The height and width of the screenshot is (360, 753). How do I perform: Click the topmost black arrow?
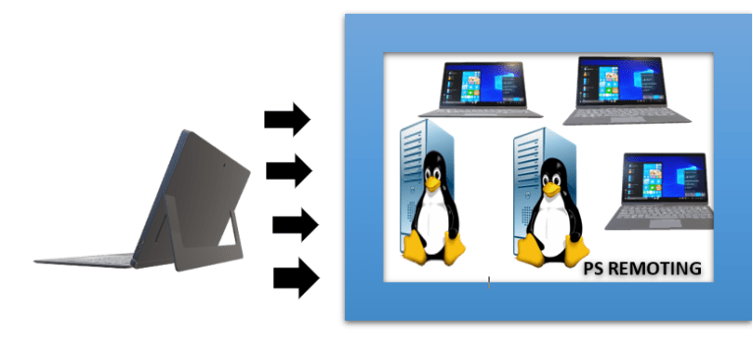point(286,121)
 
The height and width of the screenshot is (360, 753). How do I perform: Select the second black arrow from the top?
point(288,171)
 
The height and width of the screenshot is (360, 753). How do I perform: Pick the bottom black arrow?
point(296,278)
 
